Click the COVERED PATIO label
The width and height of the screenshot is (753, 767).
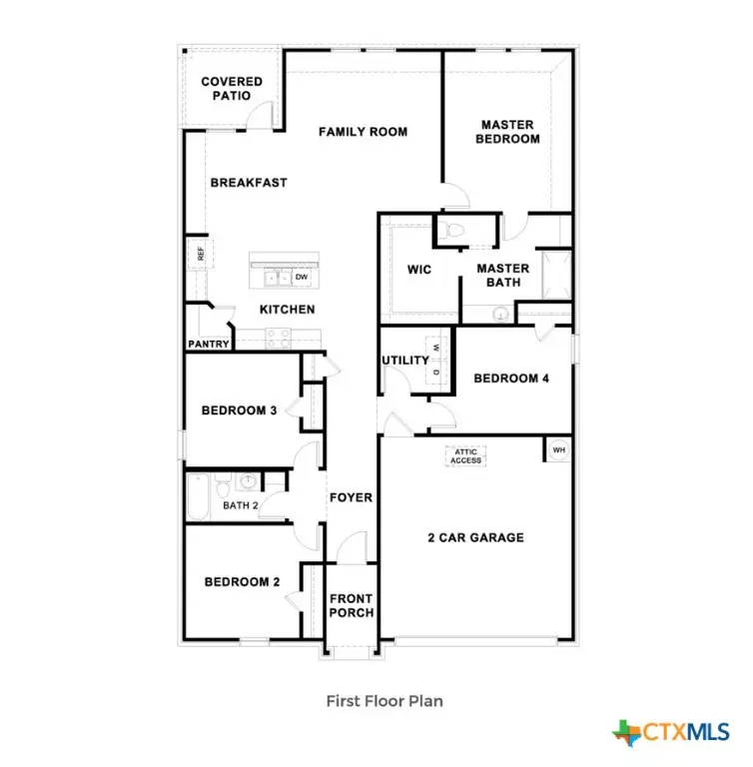pyautogui.click(x=232, y=89)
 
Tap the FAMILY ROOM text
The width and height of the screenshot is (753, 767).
pyautogui.click(x=363, y=132)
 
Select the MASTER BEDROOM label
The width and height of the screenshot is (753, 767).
pyautogui.click(x=507, y=132)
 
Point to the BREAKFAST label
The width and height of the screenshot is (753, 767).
pyautogui.click(x=249, y=183)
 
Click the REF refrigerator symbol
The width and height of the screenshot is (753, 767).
pyautogui.click(x=200, y=255)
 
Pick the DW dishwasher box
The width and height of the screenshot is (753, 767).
pyautogui.click(x=301, y=277)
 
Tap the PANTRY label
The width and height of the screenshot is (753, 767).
pyautogui.click(x=209, y=345)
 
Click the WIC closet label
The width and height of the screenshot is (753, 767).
pyautogui.click(x=418, y=270)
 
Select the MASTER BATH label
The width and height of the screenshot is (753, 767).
pyautogui.click(x=502, y=276)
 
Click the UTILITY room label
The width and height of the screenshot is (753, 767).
pyautogui.click(x=405, y=361)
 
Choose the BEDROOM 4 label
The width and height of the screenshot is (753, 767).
pyautogui.click(x=510, y=379)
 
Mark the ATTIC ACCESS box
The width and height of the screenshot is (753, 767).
pyautogui.click(x=466, y=456)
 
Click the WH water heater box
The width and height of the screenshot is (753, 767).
pyautogui.click(x=558, y=450)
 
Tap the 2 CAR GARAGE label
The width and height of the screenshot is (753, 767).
pyautogui.click(x=475, y=538)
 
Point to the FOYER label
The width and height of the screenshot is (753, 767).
pyautogui.click(x=351, y=497)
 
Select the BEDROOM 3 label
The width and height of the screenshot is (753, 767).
pyautogui.click(x=240, y=410)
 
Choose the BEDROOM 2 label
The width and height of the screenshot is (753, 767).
pyautogui.click(x=243, y=582)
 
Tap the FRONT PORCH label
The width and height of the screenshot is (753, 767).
pyautogui.click(x=352, y=605)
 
